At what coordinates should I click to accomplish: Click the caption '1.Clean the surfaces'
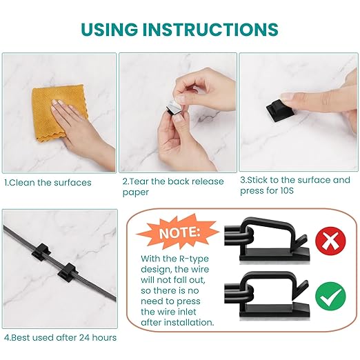pos(48,183)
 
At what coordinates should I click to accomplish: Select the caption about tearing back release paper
pos(173,186)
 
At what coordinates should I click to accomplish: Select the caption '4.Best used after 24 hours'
pos(60,337)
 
